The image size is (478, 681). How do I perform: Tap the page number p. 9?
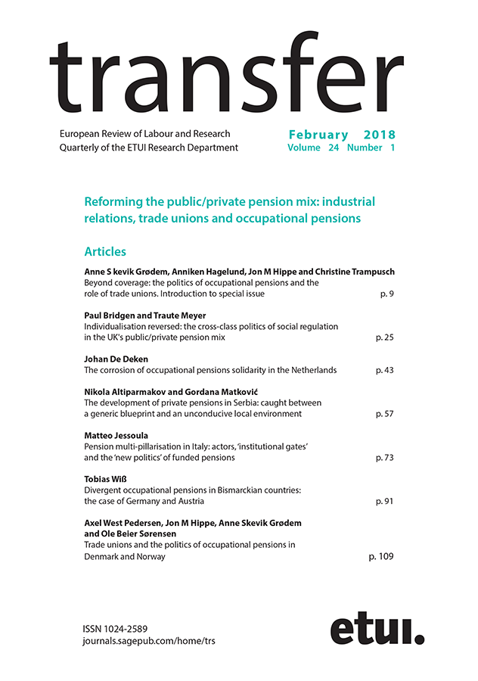pyautogui.click(x=386, y=293)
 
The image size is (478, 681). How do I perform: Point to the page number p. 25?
pyautogui.click(x=384, y=337)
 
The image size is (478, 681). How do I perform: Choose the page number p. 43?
pyautogui.click(x=384, y=370)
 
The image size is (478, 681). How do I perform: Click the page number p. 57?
pyautogui.click(x=384, y=414)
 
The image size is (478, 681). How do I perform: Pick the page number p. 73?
pyautogui.click(x=384, y=458)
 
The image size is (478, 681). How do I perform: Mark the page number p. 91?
pyautogui.click(x=384, y=501)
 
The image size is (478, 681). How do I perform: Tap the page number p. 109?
pyautogui.click(x=381, y=556)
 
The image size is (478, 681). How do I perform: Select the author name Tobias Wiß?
pyautogui.click(x=108, y=480)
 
